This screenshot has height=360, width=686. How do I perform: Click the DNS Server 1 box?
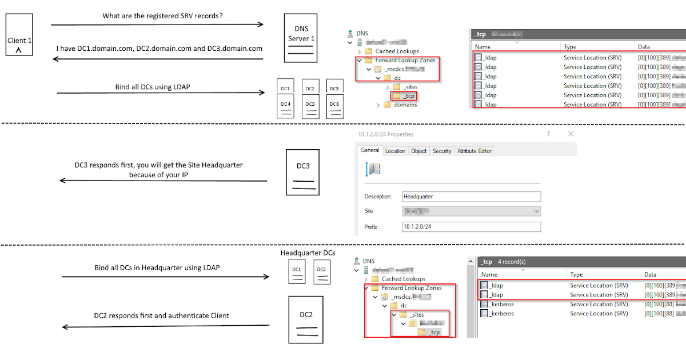(300, 39)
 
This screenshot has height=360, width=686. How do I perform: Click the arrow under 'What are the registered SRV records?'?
(157, 25)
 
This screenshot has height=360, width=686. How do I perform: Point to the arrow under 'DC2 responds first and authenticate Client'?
(166, 327)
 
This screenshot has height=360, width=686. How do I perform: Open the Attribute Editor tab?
(474, 151)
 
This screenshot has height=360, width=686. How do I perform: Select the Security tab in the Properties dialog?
(442, 151)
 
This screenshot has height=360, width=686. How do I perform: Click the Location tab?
(395, 151)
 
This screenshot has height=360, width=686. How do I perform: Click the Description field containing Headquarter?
(471, 197)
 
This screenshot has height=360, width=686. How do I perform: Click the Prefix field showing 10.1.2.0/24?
(471, 227)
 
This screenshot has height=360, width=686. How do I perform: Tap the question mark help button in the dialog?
(549, 134)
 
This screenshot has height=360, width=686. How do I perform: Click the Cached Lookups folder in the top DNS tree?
(397, 51)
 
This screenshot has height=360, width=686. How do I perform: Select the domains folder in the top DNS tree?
(405, 105)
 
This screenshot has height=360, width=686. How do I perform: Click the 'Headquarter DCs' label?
(308, 253)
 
